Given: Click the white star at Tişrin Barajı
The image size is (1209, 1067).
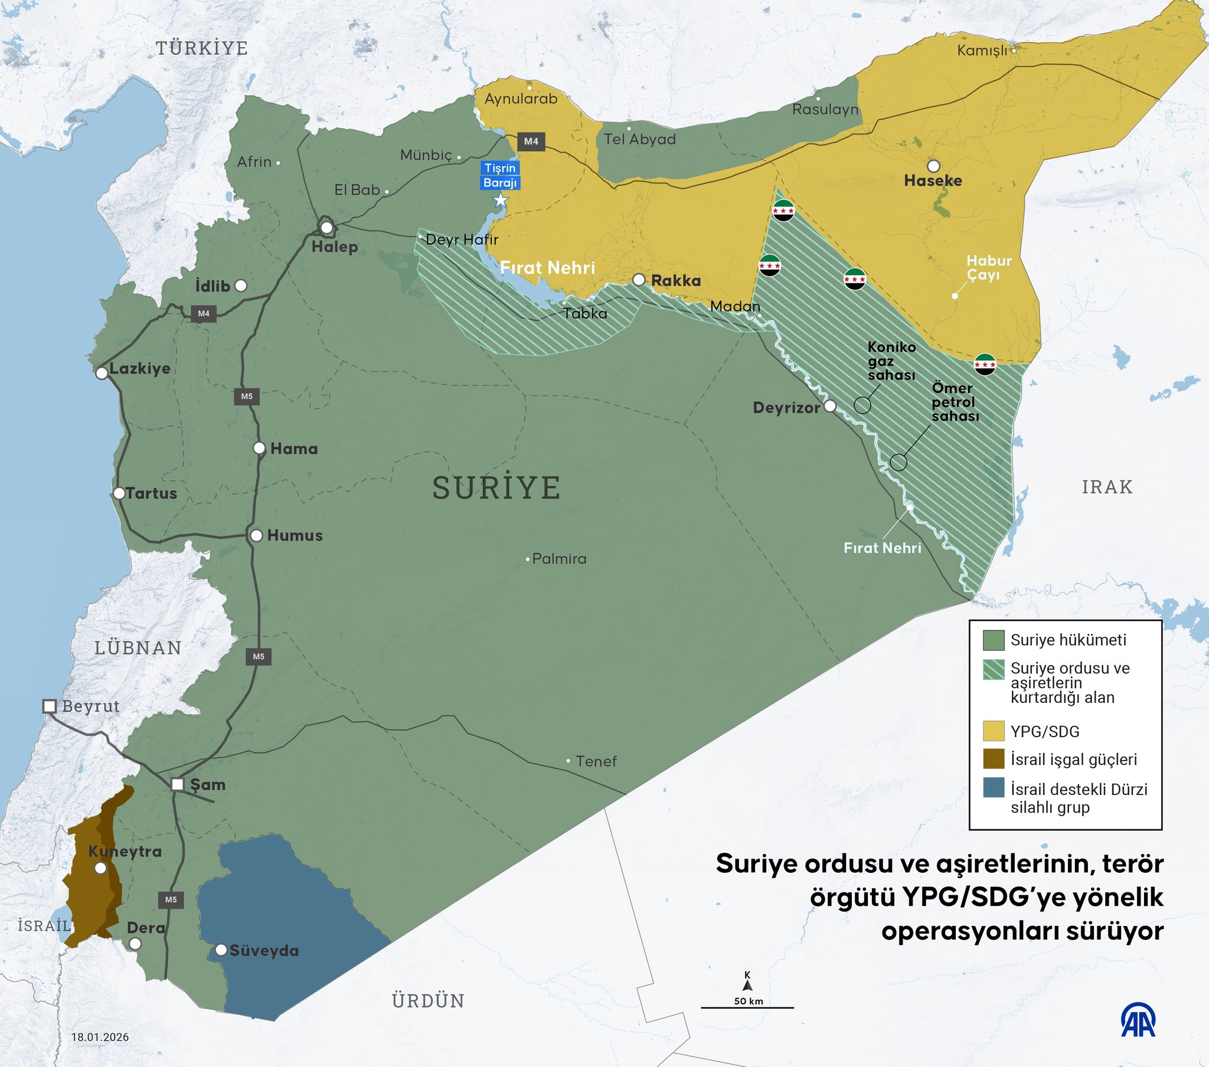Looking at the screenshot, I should tap(501, 200).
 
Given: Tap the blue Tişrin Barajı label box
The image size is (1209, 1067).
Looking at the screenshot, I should tap(500, 175).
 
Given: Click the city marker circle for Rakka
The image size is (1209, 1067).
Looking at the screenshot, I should tap(639, 280).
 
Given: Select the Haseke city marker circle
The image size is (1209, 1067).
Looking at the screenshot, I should tap(933, 166).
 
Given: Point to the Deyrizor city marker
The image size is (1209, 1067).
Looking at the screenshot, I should tap(830, 406).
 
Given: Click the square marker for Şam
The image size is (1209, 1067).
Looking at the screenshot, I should tap(178, 784).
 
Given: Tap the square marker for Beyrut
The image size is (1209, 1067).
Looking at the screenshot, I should tap(50, 706).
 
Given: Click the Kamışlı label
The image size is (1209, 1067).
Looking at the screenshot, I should tap(982, 51).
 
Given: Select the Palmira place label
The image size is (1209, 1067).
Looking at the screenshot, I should tap(559, 558).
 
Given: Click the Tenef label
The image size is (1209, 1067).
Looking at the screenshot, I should tap(596, 761).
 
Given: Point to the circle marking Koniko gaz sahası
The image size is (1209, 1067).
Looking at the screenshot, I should tap(862, 405).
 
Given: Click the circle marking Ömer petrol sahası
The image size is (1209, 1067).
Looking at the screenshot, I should tap(898, 462).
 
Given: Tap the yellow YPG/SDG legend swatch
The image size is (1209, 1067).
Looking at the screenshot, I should tap(994, 731).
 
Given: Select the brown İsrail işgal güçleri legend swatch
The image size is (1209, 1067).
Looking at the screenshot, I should tap(994, 759).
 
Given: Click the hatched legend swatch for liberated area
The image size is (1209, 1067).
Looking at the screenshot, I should tap(994, 670).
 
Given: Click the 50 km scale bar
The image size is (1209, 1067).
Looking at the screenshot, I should tap(747, 1007).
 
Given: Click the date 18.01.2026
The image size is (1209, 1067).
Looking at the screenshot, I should tap(100, 1037).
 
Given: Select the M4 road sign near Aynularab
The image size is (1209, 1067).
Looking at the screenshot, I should tap(531, 142).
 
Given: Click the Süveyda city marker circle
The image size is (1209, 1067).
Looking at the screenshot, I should tap(221, 950).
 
